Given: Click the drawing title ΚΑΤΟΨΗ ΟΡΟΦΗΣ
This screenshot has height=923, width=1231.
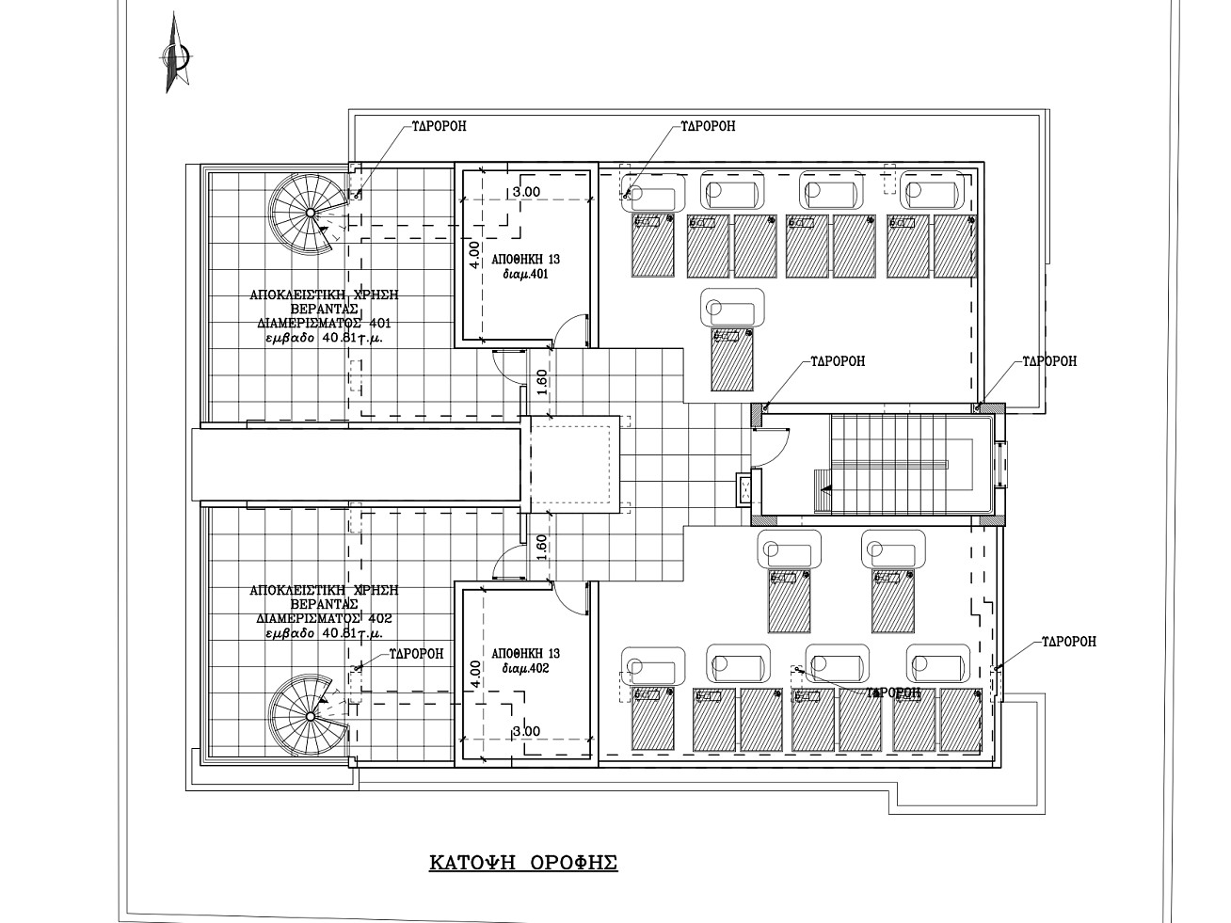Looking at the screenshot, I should tap(523, 863).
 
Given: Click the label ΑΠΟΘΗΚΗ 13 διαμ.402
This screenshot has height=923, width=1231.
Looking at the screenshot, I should tap(526, 660).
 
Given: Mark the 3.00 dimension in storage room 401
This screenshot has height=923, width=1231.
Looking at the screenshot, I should tap(525, 192).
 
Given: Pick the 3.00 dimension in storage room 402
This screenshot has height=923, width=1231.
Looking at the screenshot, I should tap(525, 731).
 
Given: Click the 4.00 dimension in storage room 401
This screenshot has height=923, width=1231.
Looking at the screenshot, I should tap(475, 256).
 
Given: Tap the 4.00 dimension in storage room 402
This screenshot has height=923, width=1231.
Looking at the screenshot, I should tap(475, 674).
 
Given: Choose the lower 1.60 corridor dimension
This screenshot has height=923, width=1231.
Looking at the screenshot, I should tap(541, 548).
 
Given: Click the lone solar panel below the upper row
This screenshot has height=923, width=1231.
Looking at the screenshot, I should tap(733, 358).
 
